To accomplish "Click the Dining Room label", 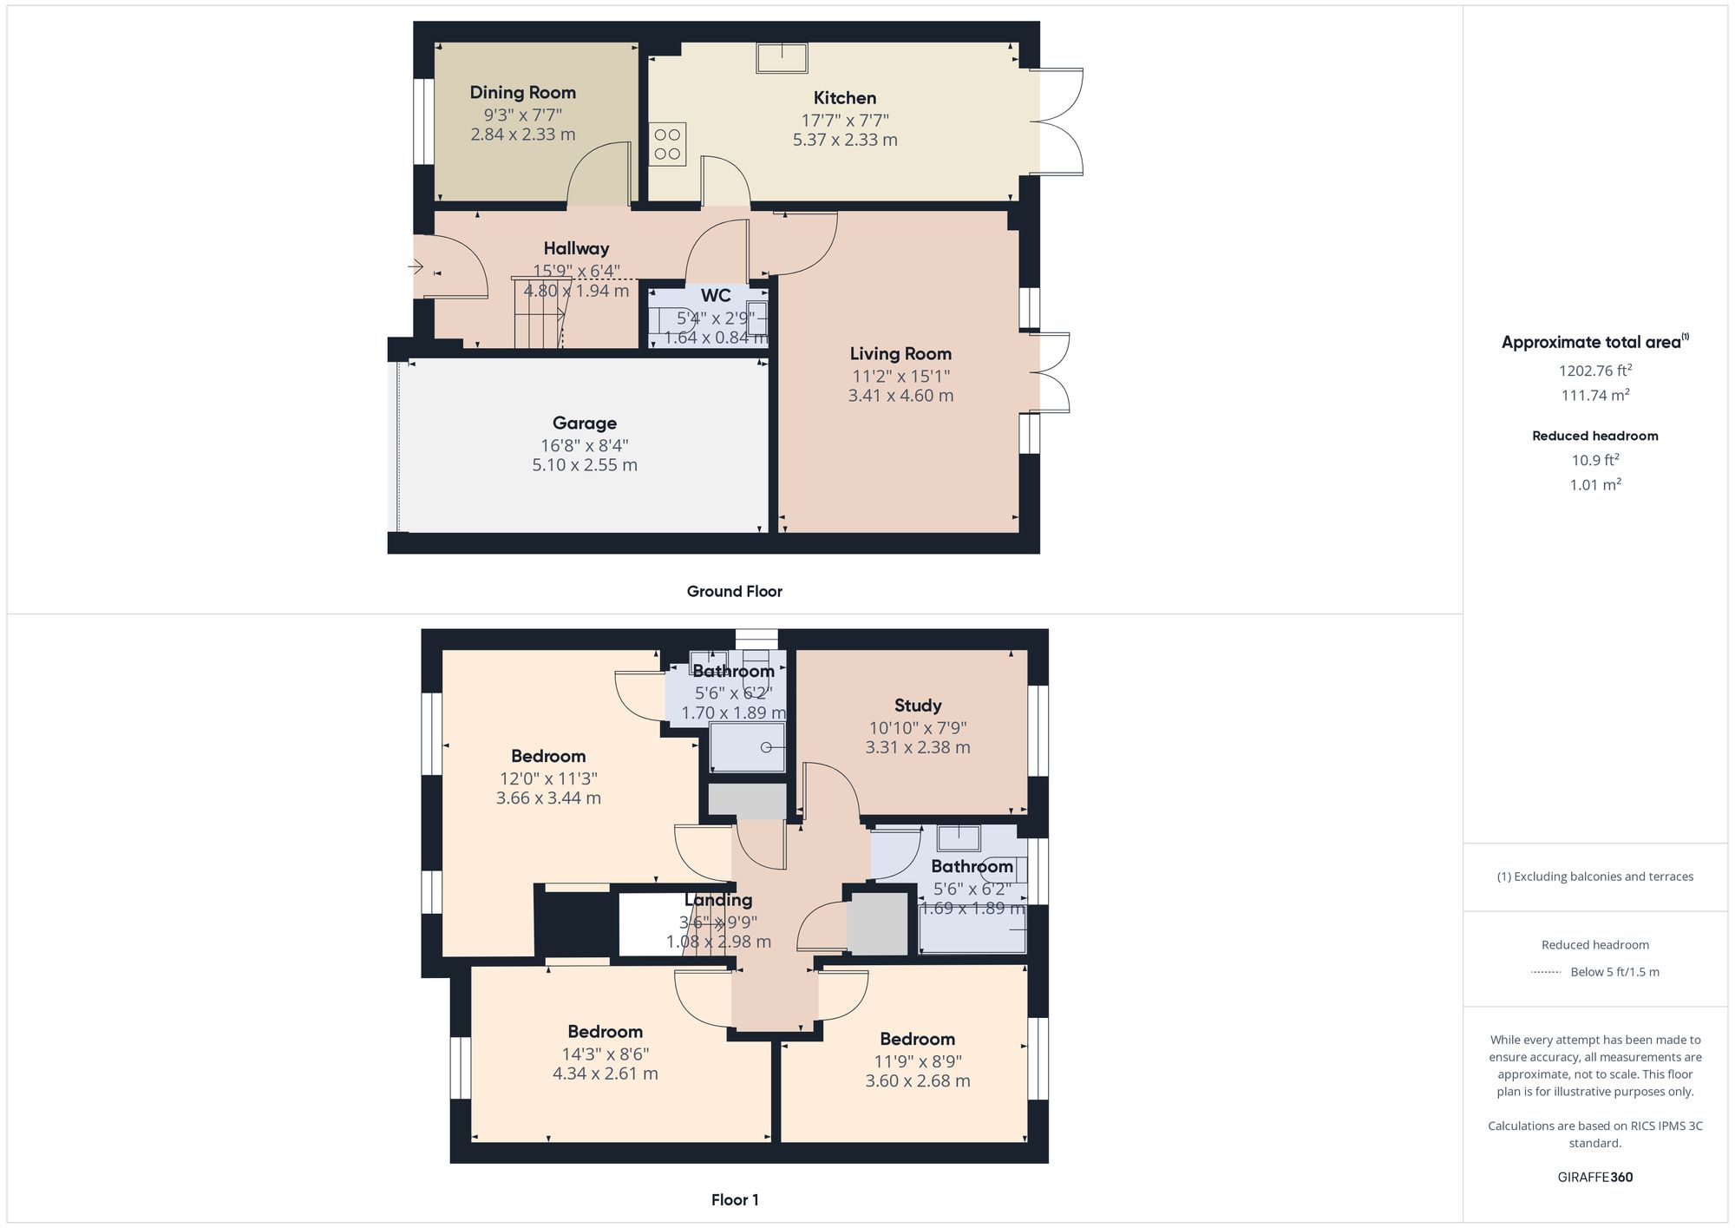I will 522,93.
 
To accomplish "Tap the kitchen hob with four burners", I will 667,144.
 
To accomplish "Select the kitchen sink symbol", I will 782,58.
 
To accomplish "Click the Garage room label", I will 584,424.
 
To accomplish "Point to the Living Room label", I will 900,354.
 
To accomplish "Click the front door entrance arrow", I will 416,266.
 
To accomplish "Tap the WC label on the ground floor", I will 716,296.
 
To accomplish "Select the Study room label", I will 918,706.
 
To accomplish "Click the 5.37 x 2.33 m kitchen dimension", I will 845,140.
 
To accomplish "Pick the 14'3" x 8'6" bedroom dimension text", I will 605,1054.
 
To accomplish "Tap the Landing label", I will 718,900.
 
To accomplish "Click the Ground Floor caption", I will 734,592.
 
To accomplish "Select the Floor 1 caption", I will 735,1200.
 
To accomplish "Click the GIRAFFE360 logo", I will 1594,1178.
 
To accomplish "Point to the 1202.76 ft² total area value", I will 1594,371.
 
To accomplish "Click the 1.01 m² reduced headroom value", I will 1594,485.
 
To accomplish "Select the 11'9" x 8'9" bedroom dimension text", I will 918,1061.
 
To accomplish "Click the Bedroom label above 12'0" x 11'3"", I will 548,757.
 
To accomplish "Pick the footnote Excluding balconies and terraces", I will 1594,877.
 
